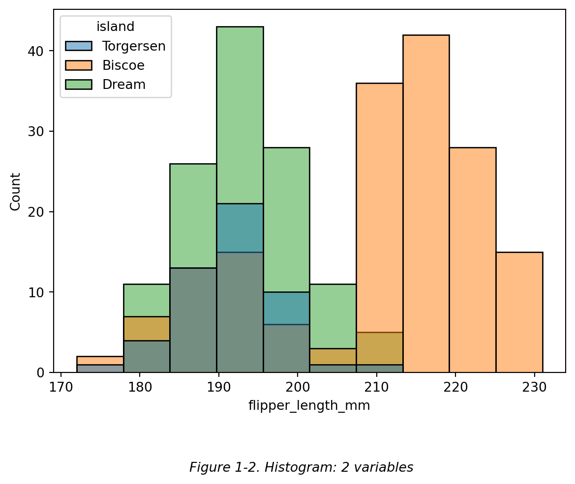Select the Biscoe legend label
[123, 65]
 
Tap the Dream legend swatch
[79, 85]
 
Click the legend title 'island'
[116, 27]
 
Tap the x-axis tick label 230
[534, 387]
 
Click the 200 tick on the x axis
[297, 387]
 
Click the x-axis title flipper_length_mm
[309, 406]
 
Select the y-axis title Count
[16, 191]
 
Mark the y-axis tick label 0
[42, 373]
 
